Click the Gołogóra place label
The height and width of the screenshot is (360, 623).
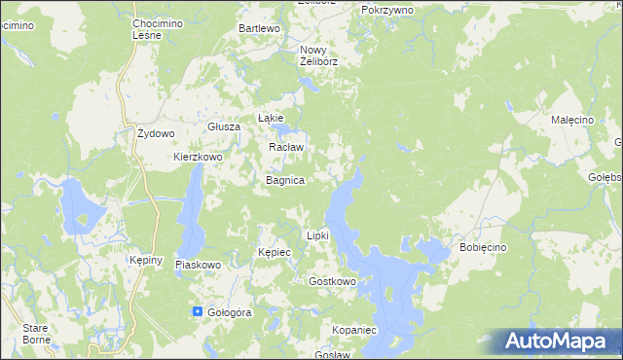point(230,312)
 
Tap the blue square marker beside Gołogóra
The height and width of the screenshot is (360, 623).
point(199,312)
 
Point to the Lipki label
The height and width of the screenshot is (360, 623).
point(318,235)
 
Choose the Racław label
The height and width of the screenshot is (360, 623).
point(286,148)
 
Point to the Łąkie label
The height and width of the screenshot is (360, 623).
point(270,118)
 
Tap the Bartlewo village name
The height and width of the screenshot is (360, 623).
point(260,29)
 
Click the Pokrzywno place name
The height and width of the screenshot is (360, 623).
point(386,9)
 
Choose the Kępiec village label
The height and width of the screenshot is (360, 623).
point(275,252)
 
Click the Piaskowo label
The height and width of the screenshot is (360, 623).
point(199,265)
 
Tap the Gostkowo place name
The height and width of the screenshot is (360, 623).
point(331,281)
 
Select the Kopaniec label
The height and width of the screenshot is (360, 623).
point(353,331)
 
